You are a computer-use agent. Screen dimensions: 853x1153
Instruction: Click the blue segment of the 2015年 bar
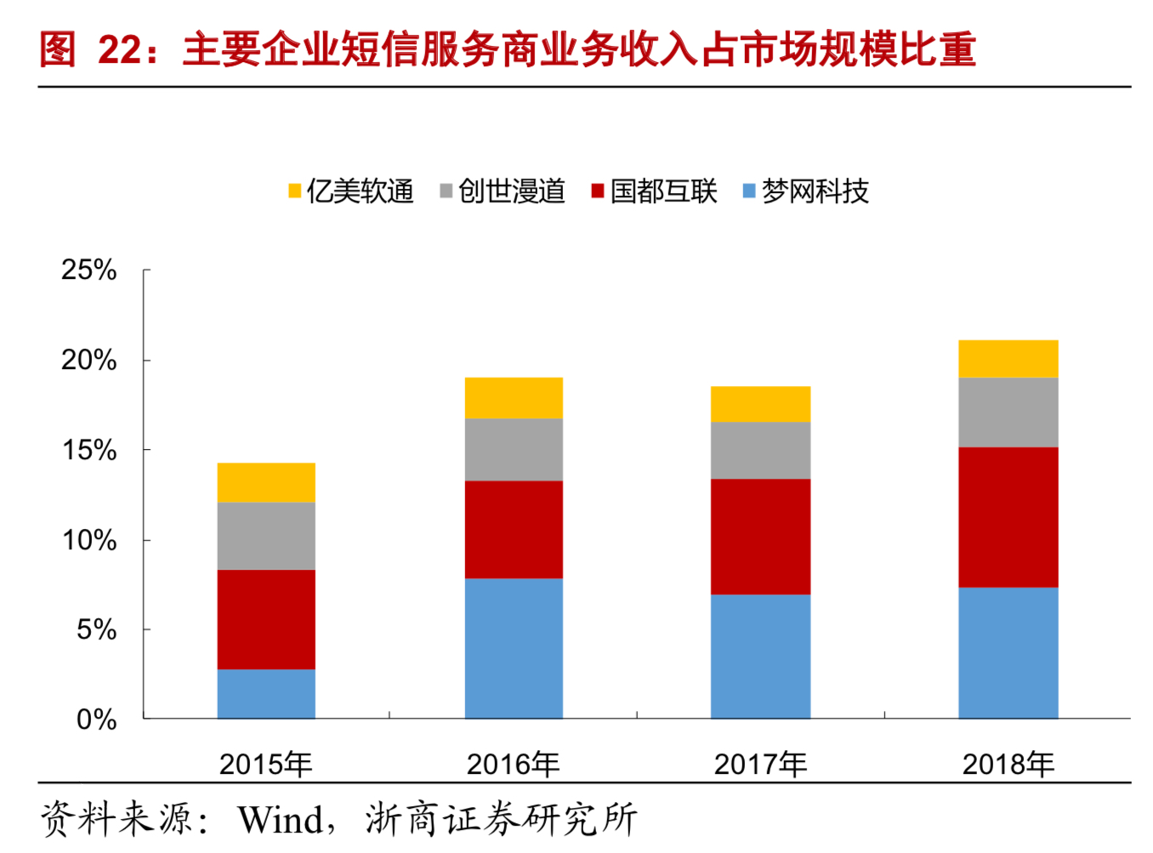coord(266,693)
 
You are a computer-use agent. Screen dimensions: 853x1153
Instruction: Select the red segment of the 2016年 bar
coord(514,529)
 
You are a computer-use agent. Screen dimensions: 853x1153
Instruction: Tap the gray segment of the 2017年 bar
coord(760,450)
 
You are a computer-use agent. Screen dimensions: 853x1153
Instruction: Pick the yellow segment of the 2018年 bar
coord(1008,358)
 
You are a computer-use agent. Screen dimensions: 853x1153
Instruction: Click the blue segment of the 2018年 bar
coord(1008,652)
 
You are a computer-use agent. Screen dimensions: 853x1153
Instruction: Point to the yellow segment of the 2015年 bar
coord(266,482)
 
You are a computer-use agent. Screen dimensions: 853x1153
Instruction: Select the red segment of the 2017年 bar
coord(760,536)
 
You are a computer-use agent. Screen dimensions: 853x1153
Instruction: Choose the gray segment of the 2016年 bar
coord(514,449)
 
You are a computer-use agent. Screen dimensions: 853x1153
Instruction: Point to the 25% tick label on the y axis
coord(88,270)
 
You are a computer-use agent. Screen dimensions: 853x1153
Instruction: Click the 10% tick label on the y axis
coord(88,540)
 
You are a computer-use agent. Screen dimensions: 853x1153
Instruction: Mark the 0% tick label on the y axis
coord(96,719)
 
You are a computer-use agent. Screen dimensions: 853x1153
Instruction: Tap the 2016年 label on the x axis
coord(513,765)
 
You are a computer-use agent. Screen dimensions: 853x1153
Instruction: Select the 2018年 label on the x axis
coord(1008,765)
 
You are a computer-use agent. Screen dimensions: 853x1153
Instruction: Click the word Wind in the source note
coord(280,821)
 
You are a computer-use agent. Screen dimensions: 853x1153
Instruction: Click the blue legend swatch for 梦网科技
coord(749,191)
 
